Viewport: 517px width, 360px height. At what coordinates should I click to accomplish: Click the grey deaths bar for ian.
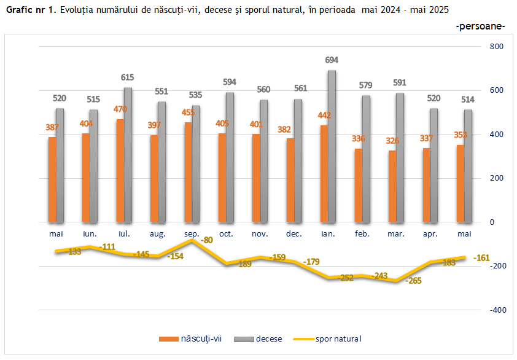332,146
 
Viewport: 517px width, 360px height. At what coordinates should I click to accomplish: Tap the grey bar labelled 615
128,155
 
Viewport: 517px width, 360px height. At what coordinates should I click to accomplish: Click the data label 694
332,60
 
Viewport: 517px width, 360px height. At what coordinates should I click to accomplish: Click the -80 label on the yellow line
207,240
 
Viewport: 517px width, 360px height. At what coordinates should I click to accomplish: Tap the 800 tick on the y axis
496,47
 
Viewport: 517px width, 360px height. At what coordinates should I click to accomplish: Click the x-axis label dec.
293,234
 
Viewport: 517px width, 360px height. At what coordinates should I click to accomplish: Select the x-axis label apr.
430,234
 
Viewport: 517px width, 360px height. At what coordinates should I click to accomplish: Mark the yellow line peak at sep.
192,240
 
